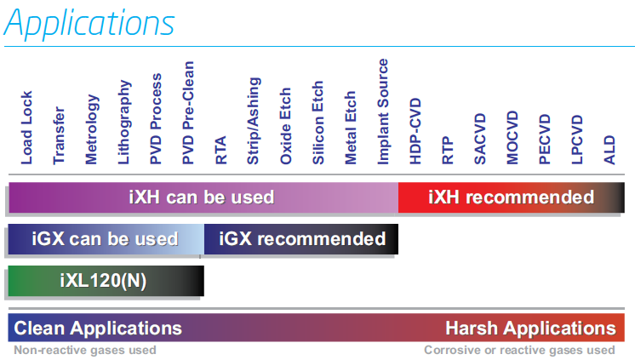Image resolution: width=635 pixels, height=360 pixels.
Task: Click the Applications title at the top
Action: pos(89,24)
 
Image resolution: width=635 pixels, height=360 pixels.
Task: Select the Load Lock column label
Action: pos(26,128)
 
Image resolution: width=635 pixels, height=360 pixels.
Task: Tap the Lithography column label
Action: pos(124,122)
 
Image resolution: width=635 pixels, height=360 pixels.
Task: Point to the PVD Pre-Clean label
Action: pos(188,112)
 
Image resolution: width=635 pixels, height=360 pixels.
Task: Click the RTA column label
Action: pos(220,150)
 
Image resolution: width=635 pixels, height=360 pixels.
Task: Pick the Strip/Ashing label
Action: pos(254,121)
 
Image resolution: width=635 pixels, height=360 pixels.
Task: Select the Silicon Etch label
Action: pos(317,123)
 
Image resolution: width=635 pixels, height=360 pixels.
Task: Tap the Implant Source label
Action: pos(383,111)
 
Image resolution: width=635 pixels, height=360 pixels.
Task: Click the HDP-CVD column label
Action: pos(415,131)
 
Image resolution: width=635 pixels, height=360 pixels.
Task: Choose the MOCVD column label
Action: pos(512,137)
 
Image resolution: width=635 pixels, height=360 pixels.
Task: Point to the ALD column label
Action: pos(609,150)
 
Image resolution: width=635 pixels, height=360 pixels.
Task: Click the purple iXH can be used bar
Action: pos(203,197)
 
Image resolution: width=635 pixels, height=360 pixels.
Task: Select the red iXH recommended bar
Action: pos(511,197)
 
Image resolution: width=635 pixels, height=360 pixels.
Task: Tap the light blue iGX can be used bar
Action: pos(106,239)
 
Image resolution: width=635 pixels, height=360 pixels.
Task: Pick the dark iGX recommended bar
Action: pos(301,239)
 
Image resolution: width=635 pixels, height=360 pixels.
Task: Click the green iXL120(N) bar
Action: pos(106,281)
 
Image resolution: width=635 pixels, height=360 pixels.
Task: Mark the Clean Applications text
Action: pos(98,329)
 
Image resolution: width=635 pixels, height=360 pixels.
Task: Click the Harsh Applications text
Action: pos(530,329)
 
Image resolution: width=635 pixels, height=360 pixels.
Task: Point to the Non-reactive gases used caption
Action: pos(85,350)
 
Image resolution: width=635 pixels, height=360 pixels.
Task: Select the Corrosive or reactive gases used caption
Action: pos(519,350)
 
